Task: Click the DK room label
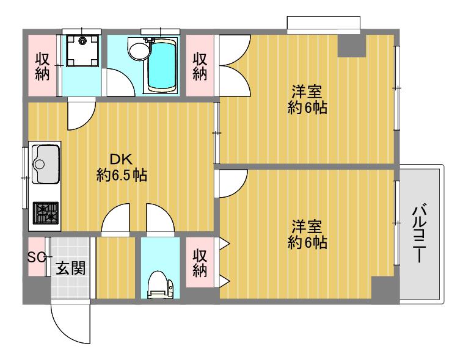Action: coord(122,168)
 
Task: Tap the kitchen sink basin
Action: coord(46,164)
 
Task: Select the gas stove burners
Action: coord(46,213)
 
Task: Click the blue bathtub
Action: coord(162,65)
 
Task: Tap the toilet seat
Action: coord(160,286)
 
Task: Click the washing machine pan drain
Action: coord(82,41)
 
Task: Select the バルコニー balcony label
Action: coord(419,233)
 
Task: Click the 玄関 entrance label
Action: coord(71,268)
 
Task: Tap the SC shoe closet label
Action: coord(36,257)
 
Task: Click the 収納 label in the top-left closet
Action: coord(43,67)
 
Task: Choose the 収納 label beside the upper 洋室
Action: coord(200,67)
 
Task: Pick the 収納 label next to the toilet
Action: coord(200,263)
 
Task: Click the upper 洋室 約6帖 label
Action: coord(307,99)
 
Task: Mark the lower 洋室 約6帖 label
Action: coord(307,234)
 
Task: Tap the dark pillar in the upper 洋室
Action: coord(352,46)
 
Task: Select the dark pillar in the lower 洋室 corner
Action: coord(383,288)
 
